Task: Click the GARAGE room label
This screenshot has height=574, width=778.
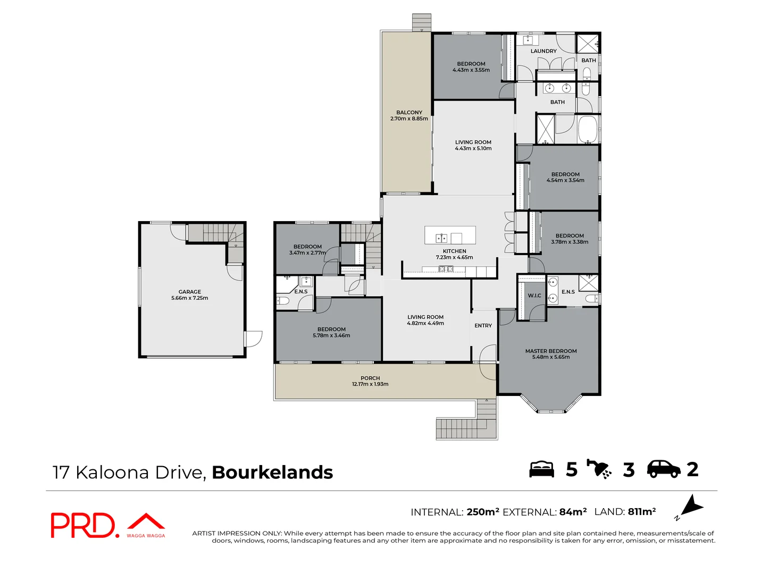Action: tap(190, 292)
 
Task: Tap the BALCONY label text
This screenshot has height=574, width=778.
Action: tap(409, 113)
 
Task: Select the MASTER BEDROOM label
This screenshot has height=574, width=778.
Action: tap(551, 351)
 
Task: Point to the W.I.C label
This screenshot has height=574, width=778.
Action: tap(534, 296)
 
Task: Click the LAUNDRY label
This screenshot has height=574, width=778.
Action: tap(543, 52)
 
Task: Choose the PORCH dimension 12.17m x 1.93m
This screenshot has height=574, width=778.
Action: tap(370, 384)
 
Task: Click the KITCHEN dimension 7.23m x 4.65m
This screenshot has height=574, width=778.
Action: tap(454, 257)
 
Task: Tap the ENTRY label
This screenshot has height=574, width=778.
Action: tap(483, 326)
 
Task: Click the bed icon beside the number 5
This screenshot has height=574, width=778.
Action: tap(541, 469)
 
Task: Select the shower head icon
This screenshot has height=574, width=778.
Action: tap(599, 469)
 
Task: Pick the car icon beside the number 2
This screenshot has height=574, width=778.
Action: tap(663, 469)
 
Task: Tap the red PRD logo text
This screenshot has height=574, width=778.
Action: tap(82, 525)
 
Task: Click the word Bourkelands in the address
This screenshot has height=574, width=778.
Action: tap(272, 472)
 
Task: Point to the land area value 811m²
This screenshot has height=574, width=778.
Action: tap(641, 512)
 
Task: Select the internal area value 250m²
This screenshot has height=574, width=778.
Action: tap(482, 512)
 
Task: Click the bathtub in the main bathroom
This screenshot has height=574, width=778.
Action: tap(588, 129)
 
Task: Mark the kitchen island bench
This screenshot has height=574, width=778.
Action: tap(450, 235)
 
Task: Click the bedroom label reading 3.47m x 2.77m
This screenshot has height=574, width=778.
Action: tap(307, 253)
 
